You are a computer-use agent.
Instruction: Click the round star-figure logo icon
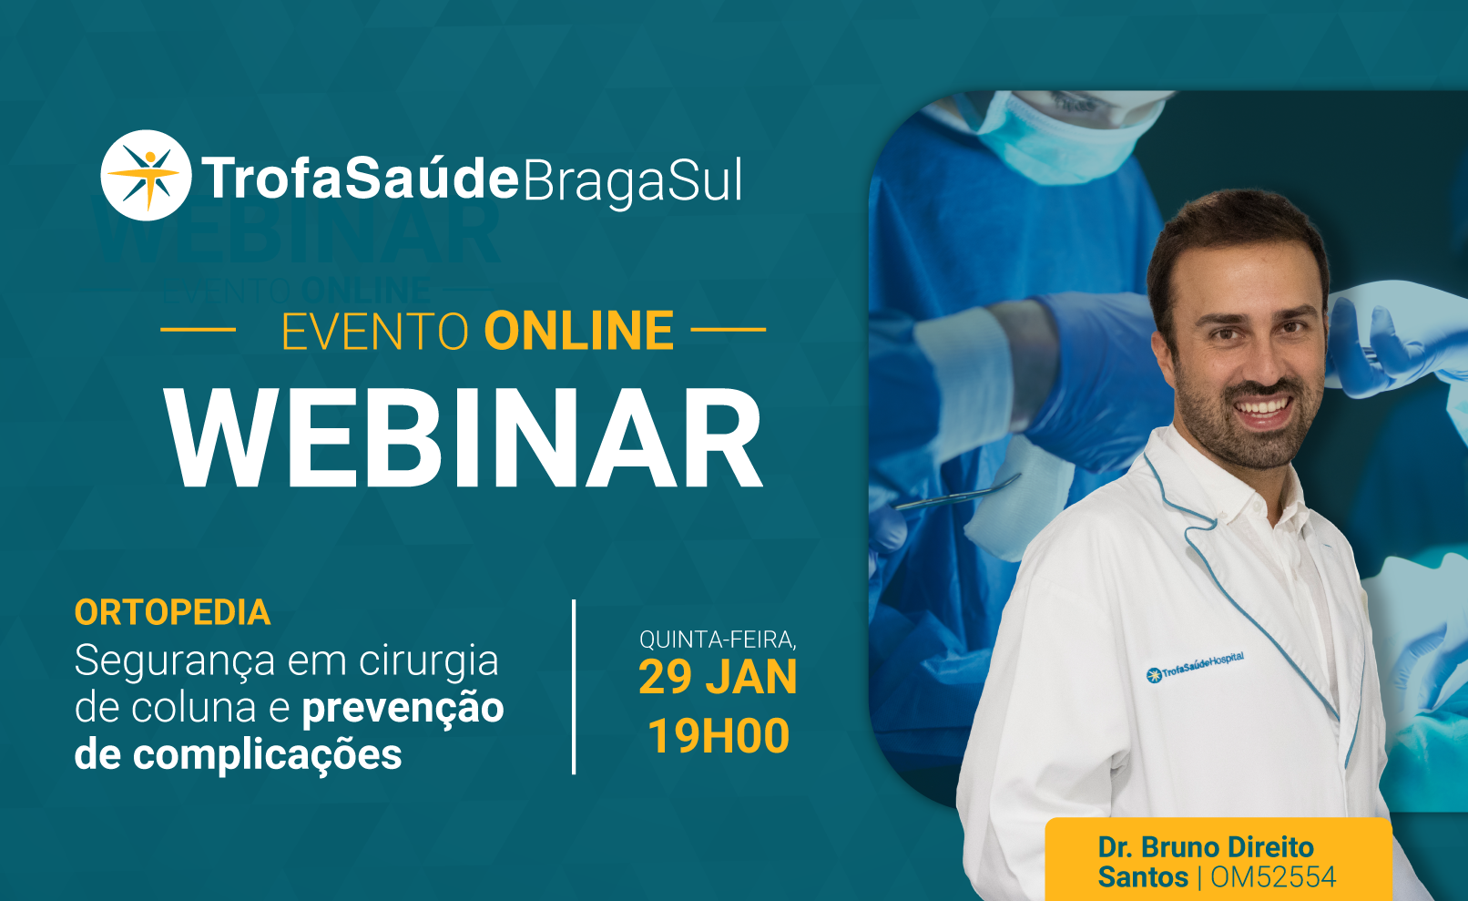click(x=146, y=175)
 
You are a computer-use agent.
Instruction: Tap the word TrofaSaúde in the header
click(x=361, y=178)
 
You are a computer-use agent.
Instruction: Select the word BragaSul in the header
click(x=632, y=181)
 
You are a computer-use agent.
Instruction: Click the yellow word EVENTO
click(x=375, y=331)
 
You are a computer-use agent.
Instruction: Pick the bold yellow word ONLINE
click(x=578, y=331)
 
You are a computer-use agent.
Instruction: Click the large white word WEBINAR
click(x=464, y=438)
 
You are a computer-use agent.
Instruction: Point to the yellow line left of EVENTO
click(x=198, y=330)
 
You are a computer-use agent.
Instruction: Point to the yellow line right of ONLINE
click(x=729, y=330)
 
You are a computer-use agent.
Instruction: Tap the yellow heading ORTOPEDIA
click(x=172, y=612)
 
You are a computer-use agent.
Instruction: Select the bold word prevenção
click(x=403, y=709)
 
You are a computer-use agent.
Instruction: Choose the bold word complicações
click(x=268, y=755)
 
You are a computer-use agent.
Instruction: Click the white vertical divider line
click(x=574, y=687)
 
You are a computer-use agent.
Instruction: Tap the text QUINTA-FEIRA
click(x=719, y=640)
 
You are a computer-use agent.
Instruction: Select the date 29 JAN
click(x=719, y=678)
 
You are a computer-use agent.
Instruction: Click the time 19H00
click(x=719, y=736)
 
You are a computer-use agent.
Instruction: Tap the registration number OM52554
click(x=1273, y=877)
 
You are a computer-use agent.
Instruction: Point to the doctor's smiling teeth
click(x=1261, y=406)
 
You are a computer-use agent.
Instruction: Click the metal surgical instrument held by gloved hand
click(x=957, y=493)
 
